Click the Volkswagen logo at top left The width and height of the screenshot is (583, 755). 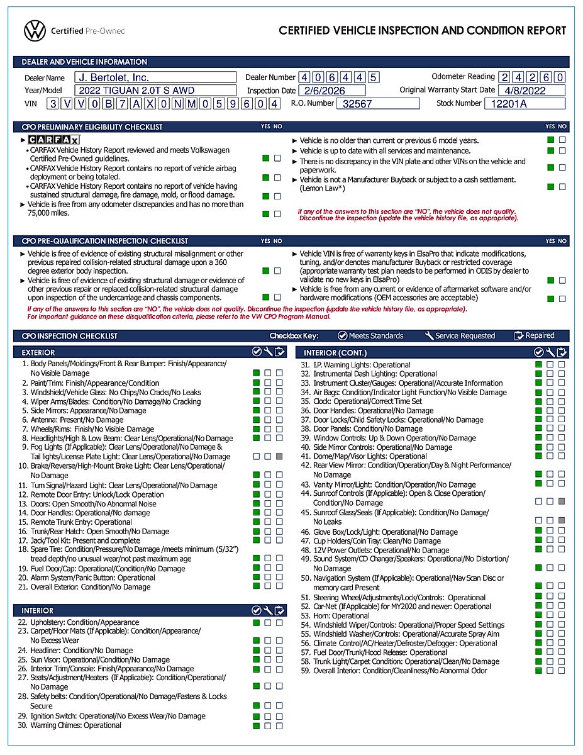[x=35, y=30]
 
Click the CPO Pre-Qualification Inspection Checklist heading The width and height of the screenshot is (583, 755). [x=104, y=240]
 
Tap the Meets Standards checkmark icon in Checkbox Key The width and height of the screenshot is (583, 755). [x=343, y=335]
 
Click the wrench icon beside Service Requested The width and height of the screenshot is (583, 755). [x=430, y=335]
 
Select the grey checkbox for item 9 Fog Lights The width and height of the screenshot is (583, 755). [x=279, y=456]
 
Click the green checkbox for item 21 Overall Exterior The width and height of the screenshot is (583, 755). [x=256, y=586]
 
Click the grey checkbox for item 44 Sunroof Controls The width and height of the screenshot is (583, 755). [x=562, y=501]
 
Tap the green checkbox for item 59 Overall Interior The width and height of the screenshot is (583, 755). [x=539, y=671]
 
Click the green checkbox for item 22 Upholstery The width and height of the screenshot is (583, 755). [x=256, y=623]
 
